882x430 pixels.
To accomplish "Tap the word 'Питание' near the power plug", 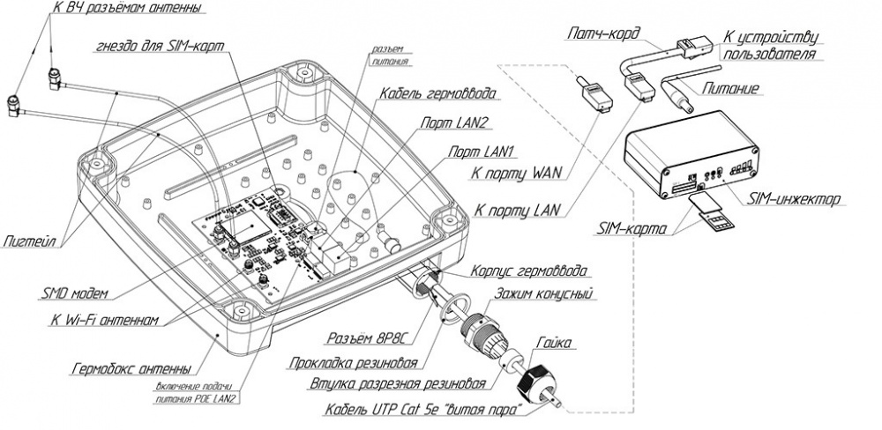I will click(x=735, y=88).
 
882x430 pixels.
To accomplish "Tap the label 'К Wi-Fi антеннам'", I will click(x=103, y=321).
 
